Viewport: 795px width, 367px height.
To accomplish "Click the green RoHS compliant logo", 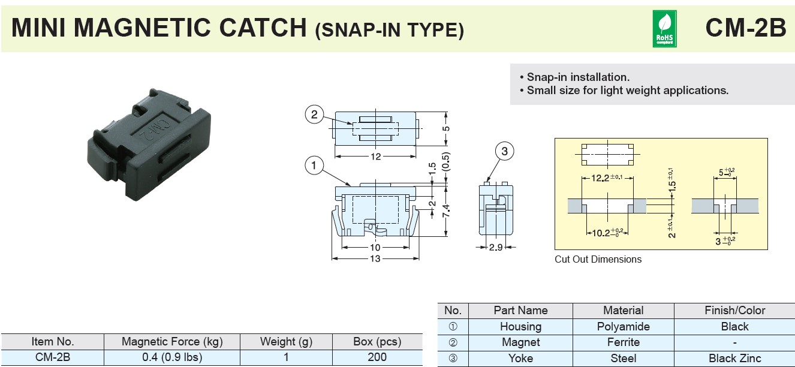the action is click(x=664, y=29).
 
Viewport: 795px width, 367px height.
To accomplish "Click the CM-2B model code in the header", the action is click(x=746, y=28).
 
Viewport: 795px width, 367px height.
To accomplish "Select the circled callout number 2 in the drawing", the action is click(x=314, y=115).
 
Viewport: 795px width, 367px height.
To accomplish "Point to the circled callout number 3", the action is click(x=504, y=151).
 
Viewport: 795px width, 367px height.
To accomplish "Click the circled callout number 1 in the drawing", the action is click(x=314, y=166).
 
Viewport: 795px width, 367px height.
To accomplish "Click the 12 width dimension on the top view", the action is click(x=375, y=157).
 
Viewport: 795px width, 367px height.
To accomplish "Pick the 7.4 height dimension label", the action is click(x=446, y=211).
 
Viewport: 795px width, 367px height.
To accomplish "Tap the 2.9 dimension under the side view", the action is click(x=495, y=247).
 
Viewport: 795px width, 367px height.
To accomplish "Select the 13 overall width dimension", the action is click(x=375, y=258).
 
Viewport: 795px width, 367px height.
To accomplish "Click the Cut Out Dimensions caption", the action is click(x=598, y=260).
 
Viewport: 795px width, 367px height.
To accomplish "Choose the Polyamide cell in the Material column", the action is click(x=623, y=327).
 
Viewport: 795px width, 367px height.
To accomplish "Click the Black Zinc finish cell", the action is click(x=734, y=359).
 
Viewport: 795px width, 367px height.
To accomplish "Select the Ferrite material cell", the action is click(x=623, y=342).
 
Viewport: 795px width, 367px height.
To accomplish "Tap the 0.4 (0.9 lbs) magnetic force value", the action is click(x=172, y=357).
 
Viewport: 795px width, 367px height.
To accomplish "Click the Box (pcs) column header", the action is click(x=377, y=341).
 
